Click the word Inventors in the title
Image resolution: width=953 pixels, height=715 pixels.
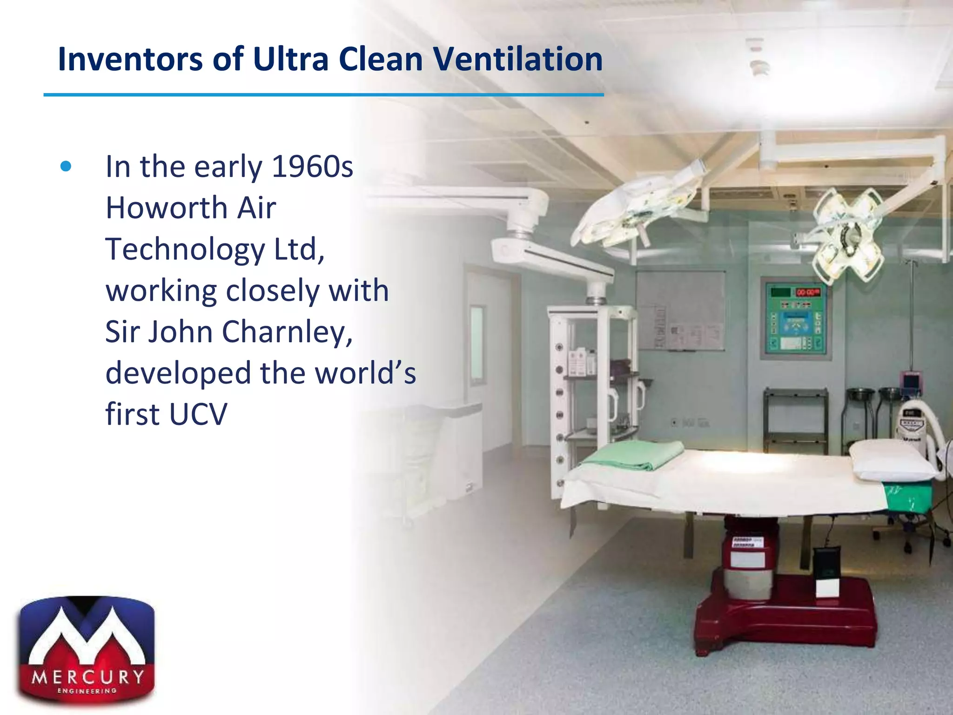(130, 59)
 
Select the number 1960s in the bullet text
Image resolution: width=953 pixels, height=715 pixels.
(312, 166)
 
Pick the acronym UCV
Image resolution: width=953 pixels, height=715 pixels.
(198, 414)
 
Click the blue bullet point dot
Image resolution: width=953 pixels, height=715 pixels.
(66, 167)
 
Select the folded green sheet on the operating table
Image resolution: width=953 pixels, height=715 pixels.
(633, 454)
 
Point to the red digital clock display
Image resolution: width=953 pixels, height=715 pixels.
(807, 292)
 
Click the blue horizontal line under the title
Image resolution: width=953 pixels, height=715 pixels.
(323, 95)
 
